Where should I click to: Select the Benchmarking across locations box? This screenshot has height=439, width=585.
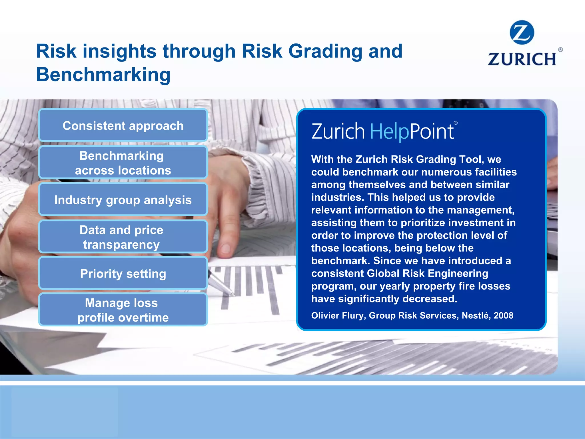point(123,163)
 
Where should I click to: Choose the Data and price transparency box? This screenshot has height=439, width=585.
point(123,237)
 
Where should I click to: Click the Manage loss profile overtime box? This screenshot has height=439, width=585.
point(123,310)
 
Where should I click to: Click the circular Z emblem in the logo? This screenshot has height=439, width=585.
point(522,32)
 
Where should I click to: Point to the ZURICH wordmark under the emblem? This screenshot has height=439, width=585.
point(522,59)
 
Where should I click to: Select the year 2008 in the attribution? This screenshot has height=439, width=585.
point(503,316)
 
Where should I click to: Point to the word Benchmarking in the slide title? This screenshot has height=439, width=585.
point(103,75)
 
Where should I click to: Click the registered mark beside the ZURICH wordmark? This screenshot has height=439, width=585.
point(560,49)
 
